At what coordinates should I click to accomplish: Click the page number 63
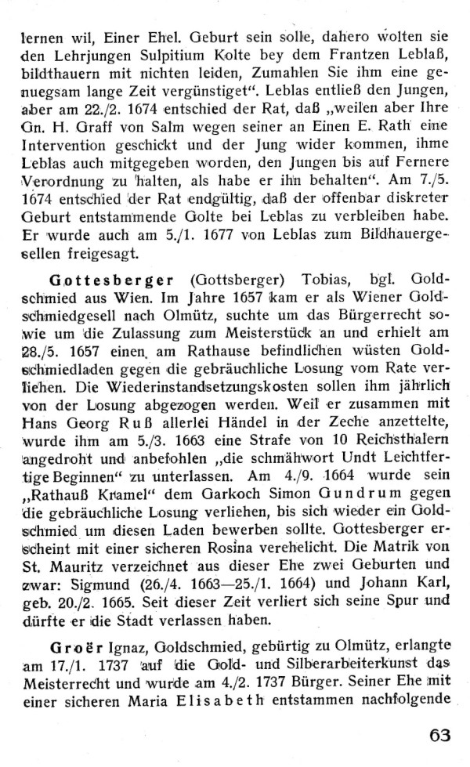pyautogui.click(x=440, y=735)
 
